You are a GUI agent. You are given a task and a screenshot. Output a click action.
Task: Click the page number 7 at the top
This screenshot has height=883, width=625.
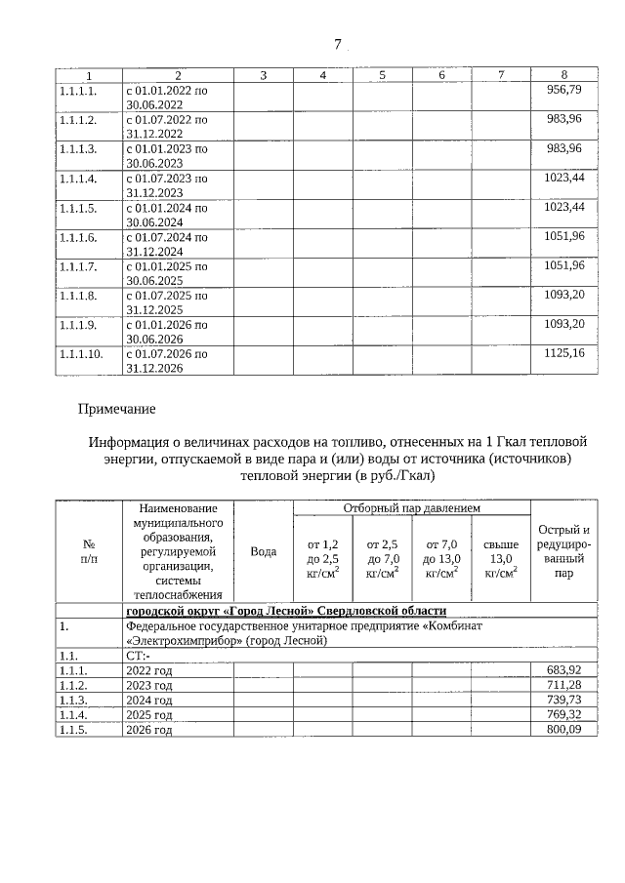pos(337,44)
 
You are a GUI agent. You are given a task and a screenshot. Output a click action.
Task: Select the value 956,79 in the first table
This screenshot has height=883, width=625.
pos(563,89)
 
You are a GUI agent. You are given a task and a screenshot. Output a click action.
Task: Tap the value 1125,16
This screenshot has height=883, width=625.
pos(563,352)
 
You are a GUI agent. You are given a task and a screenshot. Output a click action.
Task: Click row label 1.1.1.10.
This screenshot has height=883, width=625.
pos(81,352)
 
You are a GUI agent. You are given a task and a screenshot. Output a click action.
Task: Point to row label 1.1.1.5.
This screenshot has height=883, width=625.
pos(78,207)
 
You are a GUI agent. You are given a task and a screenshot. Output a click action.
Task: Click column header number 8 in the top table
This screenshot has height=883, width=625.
pos(563,75)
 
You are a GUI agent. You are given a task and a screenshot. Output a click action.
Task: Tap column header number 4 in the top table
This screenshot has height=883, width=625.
pos(323,75)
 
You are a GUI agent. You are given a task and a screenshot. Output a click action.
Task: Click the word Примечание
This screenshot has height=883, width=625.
pos(117,408)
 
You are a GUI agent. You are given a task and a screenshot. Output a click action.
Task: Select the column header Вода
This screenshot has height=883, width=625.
pos(263,551)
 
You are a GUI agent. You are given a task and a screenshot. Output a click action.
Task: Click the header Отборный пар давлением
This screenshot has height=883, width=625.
pos(411,508)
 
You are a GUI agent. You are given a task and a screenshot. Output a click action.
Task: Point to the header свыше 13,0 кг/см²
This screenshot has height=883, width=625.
pos(500,559)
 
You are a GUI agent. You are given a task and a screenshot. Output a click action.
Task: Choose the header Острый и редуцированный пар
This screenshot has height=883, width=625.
pos(563,551)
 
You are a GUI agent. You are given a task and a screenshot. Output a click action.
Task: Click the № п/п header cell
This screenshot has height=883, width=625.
pos(88,551)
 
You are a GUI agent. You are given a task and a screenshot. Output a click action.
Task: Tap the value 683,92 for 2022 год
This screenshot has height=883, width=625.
pos(563,669)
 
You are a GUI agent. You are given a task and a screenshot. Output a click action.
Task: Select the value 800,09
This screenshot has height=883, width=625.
pos(563,729)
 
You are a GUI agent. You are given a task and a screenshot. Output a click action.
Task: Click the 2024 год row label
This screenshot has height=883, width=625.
pos(149,700)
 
